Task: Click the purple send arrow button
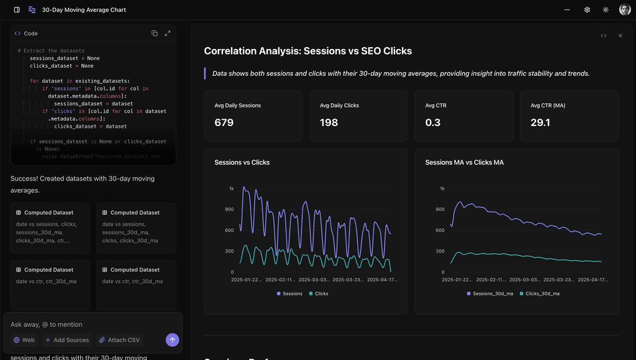coord(173,340)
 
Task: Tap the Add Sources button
coord(66,340)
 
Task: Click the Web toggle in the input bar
coord(24,340)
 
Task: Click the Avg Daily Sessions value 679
coord(224,123)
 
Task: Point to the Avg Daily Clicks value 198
coord(329,123)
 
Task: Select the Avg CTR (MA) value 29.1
coord(540,123)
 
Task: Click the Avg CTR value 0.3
coord(433,123)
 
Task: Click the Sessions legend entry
coord(289,294)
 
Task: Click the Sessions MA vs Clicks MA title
coord(464,163)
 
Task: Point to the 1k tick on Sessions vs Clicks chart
coord(231,188)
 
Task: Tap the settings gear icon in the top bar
coord(587,10)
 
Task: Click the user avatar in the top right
coord(624,10)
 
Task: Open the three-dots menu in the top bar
coord(566,10)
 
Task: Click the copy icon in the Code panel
coord(155,34)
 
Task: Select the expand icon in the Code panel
coord(168,34)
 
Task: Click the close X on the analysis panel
coord(620,36)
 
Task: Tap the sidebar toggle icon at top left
coord(17,10)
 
